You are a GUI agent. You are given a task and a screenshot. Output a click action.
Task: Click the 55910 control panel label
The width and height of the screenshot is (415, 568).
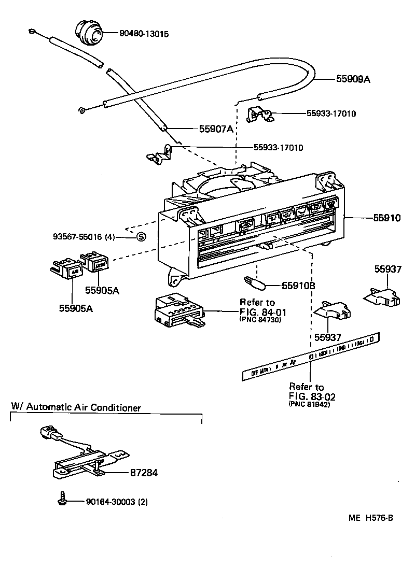tap(386, 219)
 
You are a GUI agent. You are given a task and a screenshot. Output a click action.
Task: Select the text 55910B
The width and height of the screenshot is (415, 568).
tap(298, 286)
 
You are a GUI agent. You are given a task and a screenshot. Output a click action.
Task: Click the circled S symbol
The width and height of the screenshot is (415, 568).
tap(141, 237)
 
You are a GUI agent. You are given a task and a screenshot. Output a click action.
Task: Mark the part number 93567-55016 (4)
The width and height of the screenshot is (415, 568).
tap(84, 237)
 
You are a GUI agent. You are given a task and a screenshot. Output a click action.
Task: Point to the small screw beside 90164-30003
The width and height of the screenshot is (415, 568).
tap(62, 500)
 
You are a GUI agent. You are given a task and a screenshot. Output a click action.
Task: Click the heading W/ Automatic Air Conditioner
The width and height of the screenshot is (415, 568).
tap(76, 407)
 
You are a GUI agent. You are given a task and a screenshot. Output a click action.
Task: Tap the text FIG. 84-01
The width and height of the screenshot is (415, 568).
tap(262, 312)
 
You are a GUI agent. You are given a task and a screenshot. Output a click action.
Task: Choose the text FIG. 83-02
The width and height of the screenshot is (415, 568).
tap(313, 396)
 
